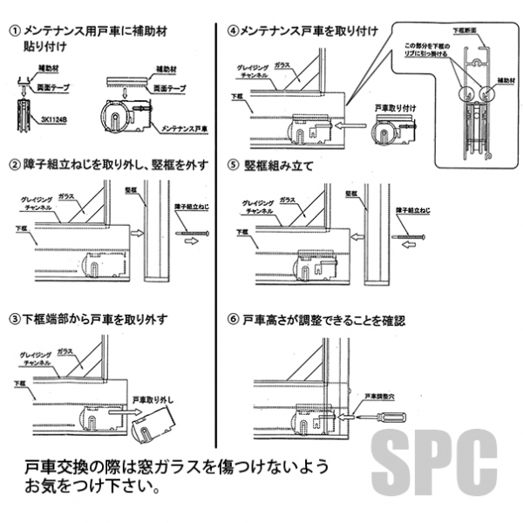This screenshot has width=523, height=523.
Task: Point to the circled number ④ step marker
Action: pyautogui.click(x=233, y=31)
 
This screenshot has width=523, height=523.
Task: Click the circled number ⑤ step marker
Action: pyautogui.click(x=233, y=163)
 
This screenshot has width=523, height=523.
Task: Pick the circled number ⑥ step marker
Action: pyautogui.click(x=233, y=320)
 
